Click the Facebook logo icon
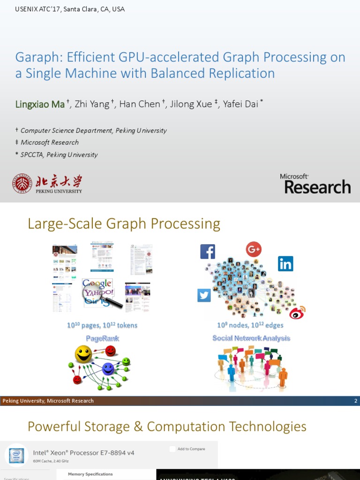tap(207, 252)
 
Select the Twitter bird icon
tap(204, 295)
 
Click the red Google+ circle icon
tap(254, 249)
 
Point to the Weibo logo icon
tap(297, 312)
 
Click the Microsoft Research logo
tap(315, 184)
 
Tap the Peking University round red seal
tap(22, 184)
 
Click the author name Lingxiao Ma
tap(40, 104)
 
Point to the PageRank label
tap(103, 338)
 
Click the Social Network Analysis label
tap(251, 338)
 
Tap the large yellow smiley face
tap(83, 354)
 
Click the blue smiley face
tap(108, 368)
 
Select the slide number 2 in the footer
tap(356, 401)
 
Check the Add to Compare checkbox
tap(172, 449)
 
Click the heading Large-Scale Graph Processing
tap(124, 224)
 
